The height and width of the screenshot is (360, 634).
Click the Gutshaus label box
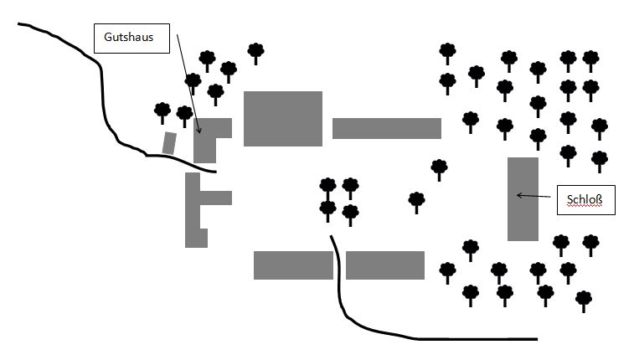(132, 38)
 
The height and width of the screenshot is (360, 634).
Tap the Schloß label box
(585, 200)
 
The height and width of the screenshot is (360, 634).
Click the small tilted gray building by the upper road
(169, 143)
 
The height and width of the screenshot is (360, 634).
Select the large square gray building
(283, 119)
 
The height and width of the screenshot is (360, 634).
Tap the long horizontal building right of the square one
(386, 128)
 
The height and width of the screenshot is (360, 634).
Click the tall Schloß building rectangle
(523, 198)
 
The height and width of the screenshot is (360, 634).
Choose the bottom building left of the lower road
(292, 265)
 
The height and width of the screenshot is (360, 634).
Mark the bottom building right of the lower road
(385, 265)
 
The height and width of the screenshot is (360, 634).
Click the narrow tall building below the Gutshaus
(193, 209)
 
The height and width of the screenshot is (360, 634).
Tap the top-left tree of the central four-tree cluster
(327, 186)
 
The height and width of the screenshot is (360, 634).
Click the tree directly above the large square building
(255, 51)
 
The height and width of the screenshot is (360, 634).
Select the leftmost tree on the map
(162, 111)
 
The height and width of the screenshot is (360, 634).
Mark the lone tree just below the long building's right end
(439, 167)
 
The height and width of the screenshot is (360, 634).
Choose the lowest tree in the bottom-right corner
(584, 299)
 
